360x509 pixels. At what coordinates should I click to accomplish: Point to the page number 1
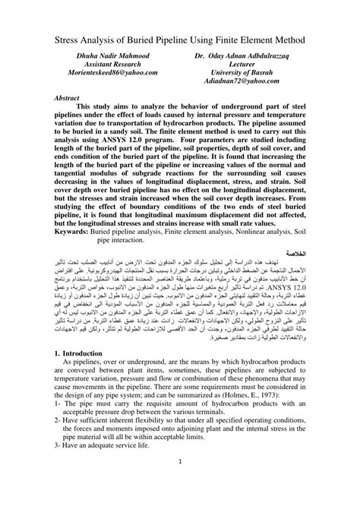[179, 483]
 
